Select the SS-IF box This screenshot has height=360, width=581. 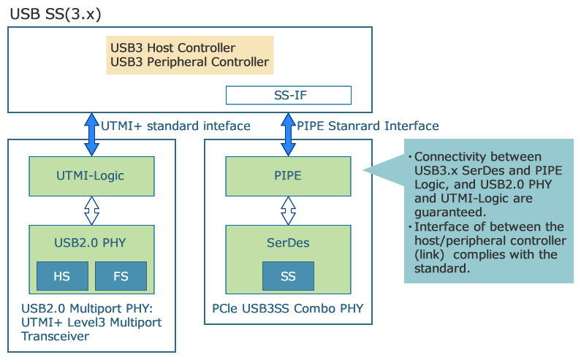pyautogui.click(x=289, y=95)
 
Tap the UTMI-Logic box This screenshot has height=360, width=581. pyautogui.click(x=91, y=175)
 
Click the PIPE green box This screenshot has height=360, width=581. pyautogui.click(x=288, y=175)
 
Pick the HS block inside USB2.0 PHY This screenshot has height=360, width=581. pyautogui.click(x=62, y=277)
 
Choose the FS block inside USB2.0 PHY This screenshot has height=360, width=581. pyautogui.click(x=121, y=277)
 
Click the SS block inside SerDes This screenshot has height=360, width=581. pyautogui.click(x=288, y=276)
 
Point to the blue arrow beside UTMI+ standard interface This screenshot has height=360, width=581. pyautogui.click(x=91, y=134)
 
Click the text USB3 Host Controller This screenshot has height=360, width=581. pyautogui.click(x=172, y=48)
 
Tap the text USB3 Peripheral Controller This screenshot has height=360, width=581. pyautogui.click(x=189, y=62)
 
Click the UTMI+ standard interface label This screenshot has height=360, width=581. pyautogui.click(x=175, y=126)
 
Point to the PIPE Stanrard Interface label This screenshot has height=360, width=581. pyautogui.click(x=368, y=126)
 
